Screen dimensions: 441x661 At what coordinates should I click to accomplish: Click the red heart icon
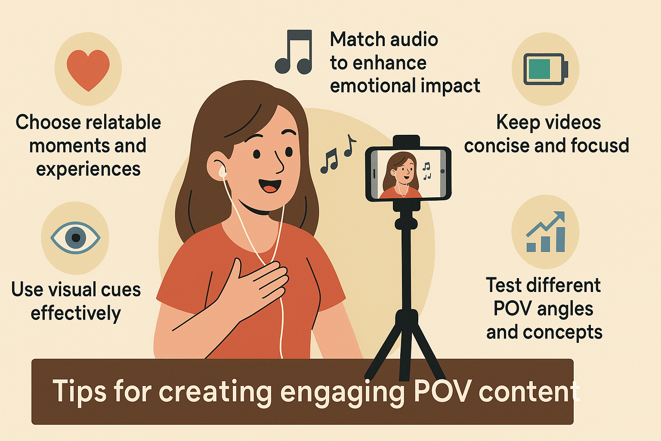click(x=88, y=69)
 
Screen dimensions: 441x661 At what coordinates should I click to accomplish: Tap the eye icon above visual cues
click(x=75, y=237)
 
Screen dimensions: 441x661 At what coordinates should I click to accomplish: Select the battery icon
click(x=545, y=69)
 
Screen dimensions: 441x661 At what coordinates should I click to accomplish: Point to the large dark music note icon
click(x=294, y=52)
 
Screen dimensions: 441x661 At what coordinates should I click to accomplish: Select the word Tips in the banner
click(x=80, y=391)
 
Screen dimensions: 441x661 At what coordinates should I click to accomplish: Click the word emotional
click(x=368, y=86)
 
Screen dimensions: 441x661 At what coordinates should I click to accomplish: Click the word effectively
click(x=76, y=313)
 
